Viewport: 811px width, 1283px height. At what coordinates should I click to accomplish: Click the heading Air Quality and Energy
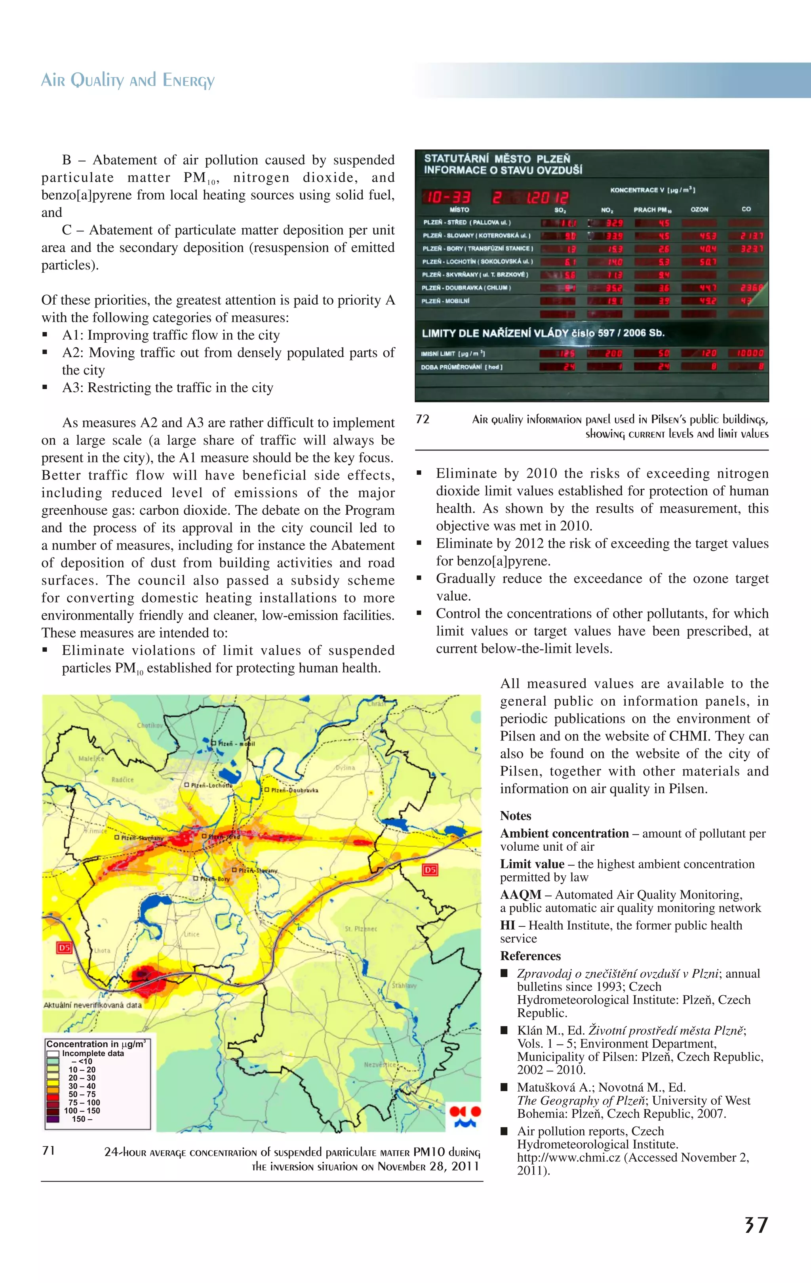tap(128, 80)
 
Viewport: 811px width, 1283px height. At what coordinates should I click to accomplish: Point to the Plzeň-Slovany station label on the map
tap(257, 870)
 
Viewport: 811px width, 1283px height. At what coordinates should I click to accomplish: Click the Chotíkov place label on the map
tap(150, 725)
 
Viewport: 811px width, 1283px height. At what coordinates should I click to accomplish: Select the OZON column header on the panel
tap(699, 209)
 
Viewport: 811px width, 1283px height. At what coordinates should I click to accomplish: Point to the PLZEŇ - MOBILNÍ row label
tap(446, 301)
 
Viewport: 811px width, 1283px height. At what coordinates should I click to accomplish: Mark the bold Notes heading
tap(515, 816)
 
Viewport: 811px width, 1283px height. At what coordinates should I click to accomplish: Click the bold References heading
tap(530, 956)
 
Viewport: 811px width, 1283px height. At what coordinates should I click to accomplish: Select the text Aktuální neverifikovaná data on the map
tap(93, 1005)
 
